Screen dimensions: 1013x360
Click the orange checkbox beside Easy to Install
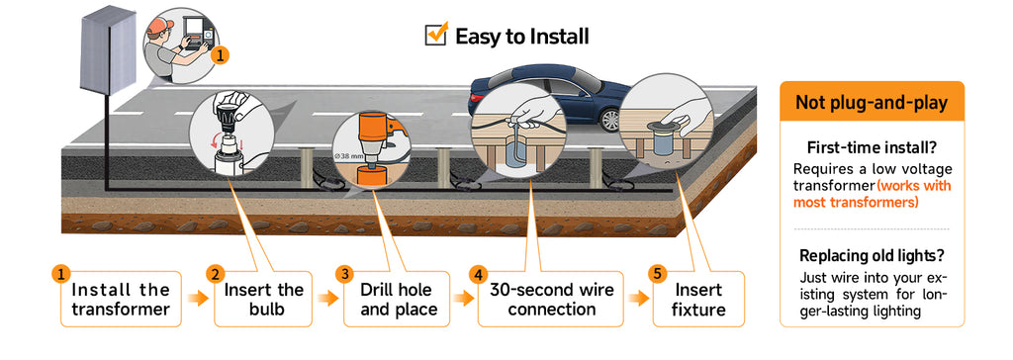click(x=436, y=34)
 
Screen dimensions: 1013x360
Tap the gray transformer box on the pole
click(x=107, y=51)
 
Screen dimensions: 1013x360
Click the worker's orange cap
click(x=159, y=27)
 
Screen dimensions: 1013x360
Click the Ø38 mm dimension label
click(x=346, y=156)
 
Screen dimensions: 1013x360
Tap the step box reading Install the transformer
click(x=121, y=299)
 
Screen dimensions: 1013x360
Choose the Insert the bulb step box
click(x=263, y=299)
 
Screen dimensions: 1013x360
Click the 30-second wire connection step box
click(x=551, y=299)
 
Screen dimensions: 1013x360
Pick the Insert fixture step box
click(x=697, y=299)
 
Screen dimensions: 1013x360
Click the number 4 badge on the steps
click(x=478, y=274)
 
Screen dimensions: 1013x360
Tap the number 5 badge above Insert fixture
click(x=657, y=274)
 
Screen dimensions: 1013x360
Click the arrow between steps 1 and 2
click(x=198, y=298)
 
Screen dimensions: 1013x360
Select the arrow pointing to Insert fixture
click(x=638, y=298)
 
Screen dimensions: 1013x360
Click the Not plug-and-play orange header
click(x=872, y=102)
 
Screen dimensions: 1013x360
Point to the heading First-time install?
click(x=872, y=147)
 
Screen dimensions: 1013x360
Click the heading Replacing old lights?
click(x=872, y=255)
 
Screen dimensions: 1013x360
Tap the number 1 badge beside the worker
click(x=221, y=56)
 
